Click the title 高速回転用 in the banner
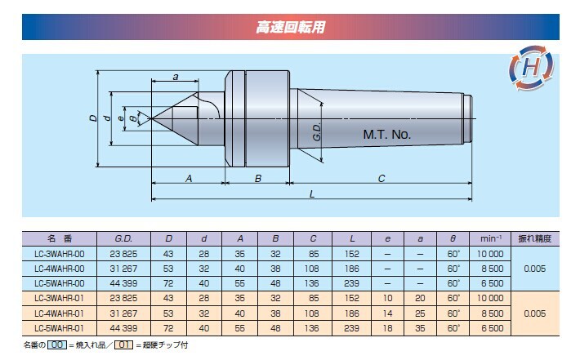pos(291,28)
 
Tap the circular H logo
pos(532,68)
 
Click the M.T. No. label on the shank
pos(387,135)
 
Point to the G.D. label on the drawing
pos(317,132)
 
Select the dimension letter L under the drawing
pos(312,194)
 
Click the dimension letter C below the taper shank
pos(381,179)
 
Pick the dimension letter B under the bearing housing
pos(258,179)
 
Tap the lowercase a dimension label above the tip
pos(176,77)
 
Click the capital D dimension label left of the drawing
pos(93,118)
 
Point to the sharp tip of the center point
pos(152,118)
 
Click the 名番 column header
pos(59,238)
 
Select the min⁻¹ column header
pos(490,238)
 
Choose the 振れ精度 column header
pos(535,238)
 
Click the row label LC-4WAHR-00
pos(59,269)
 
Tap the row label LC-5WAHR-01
pos(59,328)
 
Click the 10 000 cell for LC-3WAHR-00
pos(490,254)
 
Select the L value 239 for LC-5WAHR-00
pos(351,283)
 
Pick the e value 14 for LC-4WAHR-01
pos(387,313)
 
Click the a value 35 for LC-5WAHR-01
pos(420,328)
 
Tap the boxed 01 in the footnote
pos(123,344)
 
